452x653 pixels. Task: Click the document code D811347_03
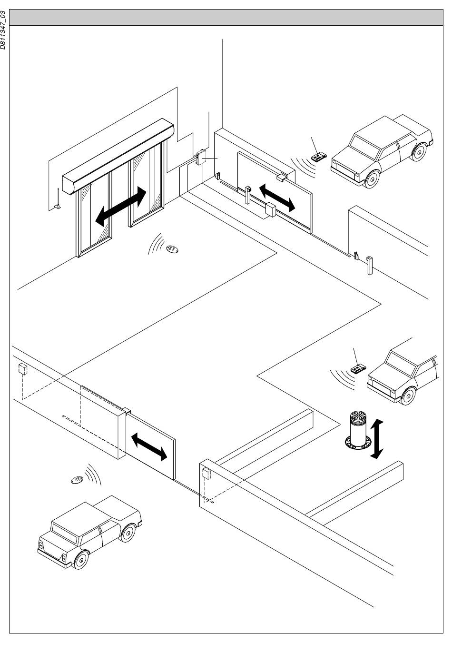click(3, 30)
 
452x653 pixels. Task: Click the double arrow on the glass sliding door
click(121, 207)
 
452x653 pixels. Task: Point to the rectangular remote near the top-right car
click(319, 157)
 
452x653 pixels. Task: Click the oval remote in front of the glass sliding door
click(172, 249)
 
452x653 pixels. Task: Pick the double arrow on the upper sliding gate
click(277, 198)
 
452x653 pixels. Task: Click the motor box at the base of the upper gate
click(270, 209)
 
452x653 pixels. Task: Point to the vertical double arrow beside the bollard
click(377, 439)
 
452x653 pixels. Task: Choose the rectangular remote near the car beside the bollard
click(358, 369)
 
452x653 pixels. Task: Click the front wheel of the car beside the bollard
click(408, 396)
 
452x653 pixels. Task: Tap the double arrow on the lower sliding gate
click(149, 446)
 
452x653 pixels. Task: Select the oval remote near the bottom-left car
click(77, 480)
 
